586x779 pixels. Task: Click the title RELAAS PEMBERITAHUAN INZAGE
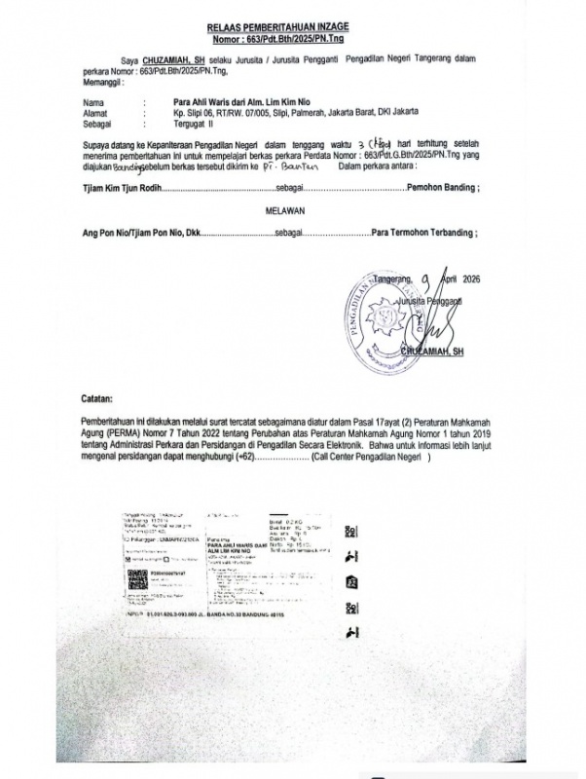click(x=293, y=31)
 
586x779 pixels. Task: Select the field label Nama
click(x=92, y=102)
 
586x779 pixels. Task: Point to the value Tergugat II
click(x=186, y=124)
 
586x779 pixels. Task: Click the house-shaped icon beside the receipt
click(x=349, y=583)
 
